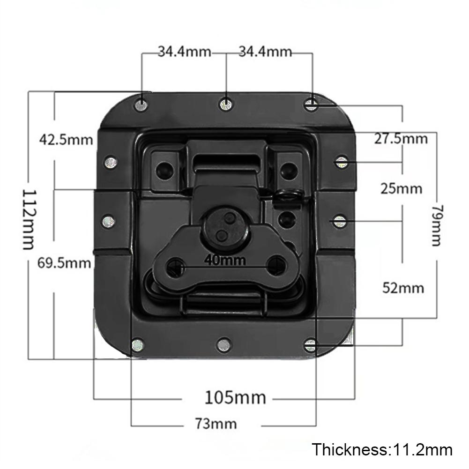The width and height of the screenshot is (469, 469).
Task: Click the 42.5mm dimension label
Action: pyautogui.click(x=66, y=139)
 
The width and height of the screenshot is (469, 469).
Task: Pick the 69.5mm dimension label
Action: pyautogui.click(x=64, y=263)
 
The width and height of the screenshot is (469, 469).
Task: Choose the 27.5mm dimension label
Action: pyautogui.click(x=401, y=139)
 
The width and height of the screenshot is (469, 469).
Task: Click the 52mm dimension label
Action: pyautogui.click(x=403, y=287)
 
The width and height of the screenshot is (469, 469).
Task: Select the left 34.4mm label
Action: pyautogui.click(x=184, y=52)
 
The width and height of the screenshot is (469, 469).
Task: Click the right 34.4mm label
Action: pyautogui.click(x=265, y=52)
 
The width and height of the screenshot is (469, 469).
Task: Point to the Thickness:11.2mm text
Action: pyautogui.click(x=382, y=450)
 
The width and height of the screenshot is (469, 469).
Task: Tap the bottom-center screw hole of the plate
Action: pyautogui.click(x=223, y=346)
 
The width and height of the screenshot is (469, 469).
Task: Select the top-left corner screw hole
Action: pyautogui.click(x=141, y=105)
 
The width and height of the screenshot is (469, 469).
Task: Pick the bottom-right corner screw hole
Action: pyautogui.click(x=310, y=346)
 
